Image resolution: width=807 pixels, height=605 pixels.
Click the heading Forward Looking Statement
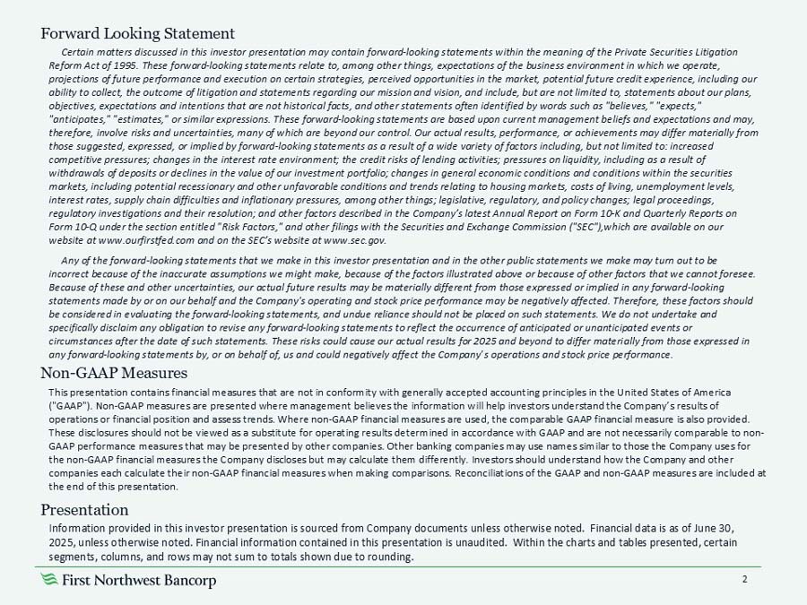(138, 35)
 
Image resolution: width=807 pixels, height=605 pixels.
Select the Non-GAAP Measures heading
(114, 372)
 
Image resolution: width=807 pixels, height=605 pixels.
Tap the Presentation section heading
(86, 510)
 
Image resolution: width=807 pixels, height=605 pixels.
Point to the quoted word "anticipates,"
(82, 120)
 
